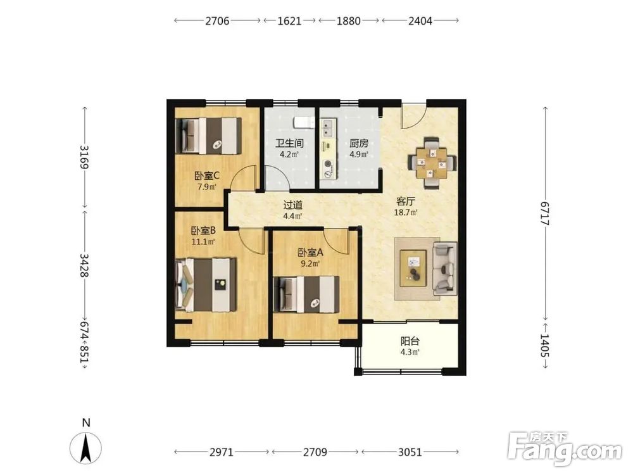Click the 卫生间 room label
pos(289,143)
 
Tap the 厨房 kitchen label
pos(359,143)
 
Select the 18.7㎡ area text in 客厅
pos(406,212)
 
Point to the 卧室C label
pos(207,176)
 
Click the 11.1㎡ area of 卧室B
pos(203,242)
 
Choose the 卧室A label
pos(310,253)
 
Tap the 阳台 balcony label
pos(410,341)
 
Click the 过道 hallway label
pos(292,205)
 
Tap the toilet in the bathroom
pos(304,122)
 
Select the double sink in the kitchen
pos(327,128)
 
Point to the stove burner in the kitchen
pos(328,164)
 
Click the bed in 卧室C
pos(208,136)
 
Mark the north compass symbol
pos(85,448)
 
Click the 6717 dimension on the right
pos(545,213)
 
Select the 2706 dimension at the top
pos(217,21)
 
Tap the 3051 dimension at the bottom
pos(410,452)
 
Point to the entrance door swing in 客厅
pos(413,117)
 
